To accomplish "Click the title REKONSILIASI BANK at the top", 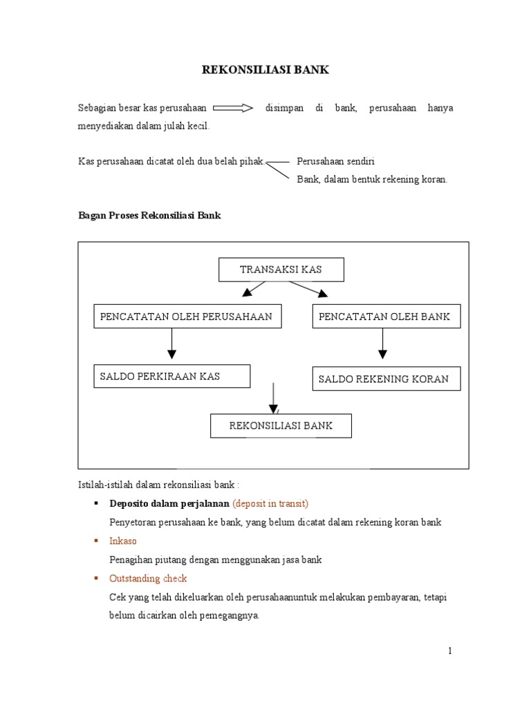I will click(x=265, y=70).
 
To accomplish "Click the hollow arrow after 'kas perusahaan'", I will click(x=234, y=109).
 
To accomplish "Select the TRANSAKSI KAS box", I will click(x=281, y=270).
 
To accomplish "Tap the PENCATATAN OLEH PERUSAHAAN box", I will click(x=186, y=317).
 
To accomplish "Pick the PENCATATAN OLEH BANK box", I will click(x=382, y=317).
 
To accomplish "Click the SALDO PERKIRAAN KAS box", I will click(x=171, y=376).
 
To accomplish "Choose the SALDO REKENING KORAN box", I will click(x=383, y=379).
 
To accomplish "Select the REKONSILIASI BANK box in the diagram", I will click(x=281, y=426).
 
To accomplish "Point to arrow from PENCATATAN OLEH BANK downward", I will click(x=382, y=344).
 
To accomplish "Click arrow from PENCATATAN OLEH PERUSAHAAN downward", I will click(x=171, y=344).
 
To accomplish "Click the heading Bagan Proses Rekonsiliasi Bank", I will click(x=149, y=216).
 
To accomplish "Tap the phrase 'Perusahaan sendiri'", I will click(x=335, y=161).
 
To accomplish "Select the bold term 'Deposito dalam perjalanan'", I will click(x=169, y=503).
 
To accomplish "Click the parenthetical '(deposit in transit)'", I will click(x=270, y=503).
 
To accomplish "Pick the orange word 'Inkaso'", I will click(x=124, y=541).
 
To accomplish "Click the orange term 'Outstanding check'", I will click(x=148, y=578).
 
